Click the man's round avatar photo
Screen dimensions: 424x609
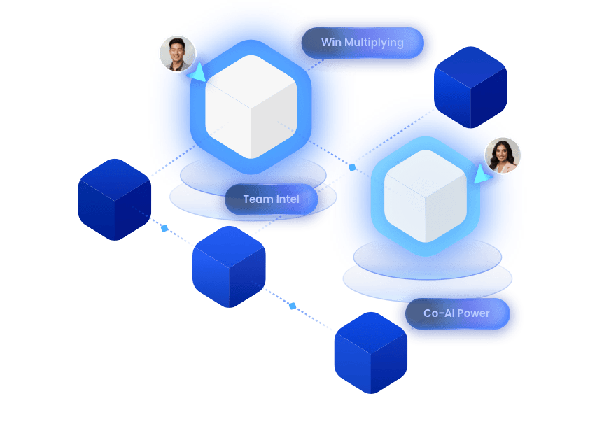(x=177, y=53)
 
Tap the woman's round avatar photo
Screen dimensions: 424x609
(x=503, y=155)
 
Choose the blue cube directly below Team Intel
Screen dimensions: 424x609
(x=229, y=267)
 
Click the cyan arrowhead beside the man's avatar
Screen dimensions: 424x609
(x=198, y=72)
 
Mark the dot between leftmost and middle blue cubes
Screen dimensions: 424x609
(x=164, y=228)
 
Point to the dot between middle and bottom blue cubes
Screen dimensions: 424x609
(x=293, y=306)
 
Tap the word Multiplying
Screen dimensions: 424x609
(x=373, y=43)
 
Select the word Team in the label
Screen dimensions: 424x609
(x=257, y=199)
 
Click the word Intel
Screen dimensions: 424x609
(x=288, y=199)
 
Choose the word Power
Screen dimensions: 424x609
(x=474, y=313)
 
